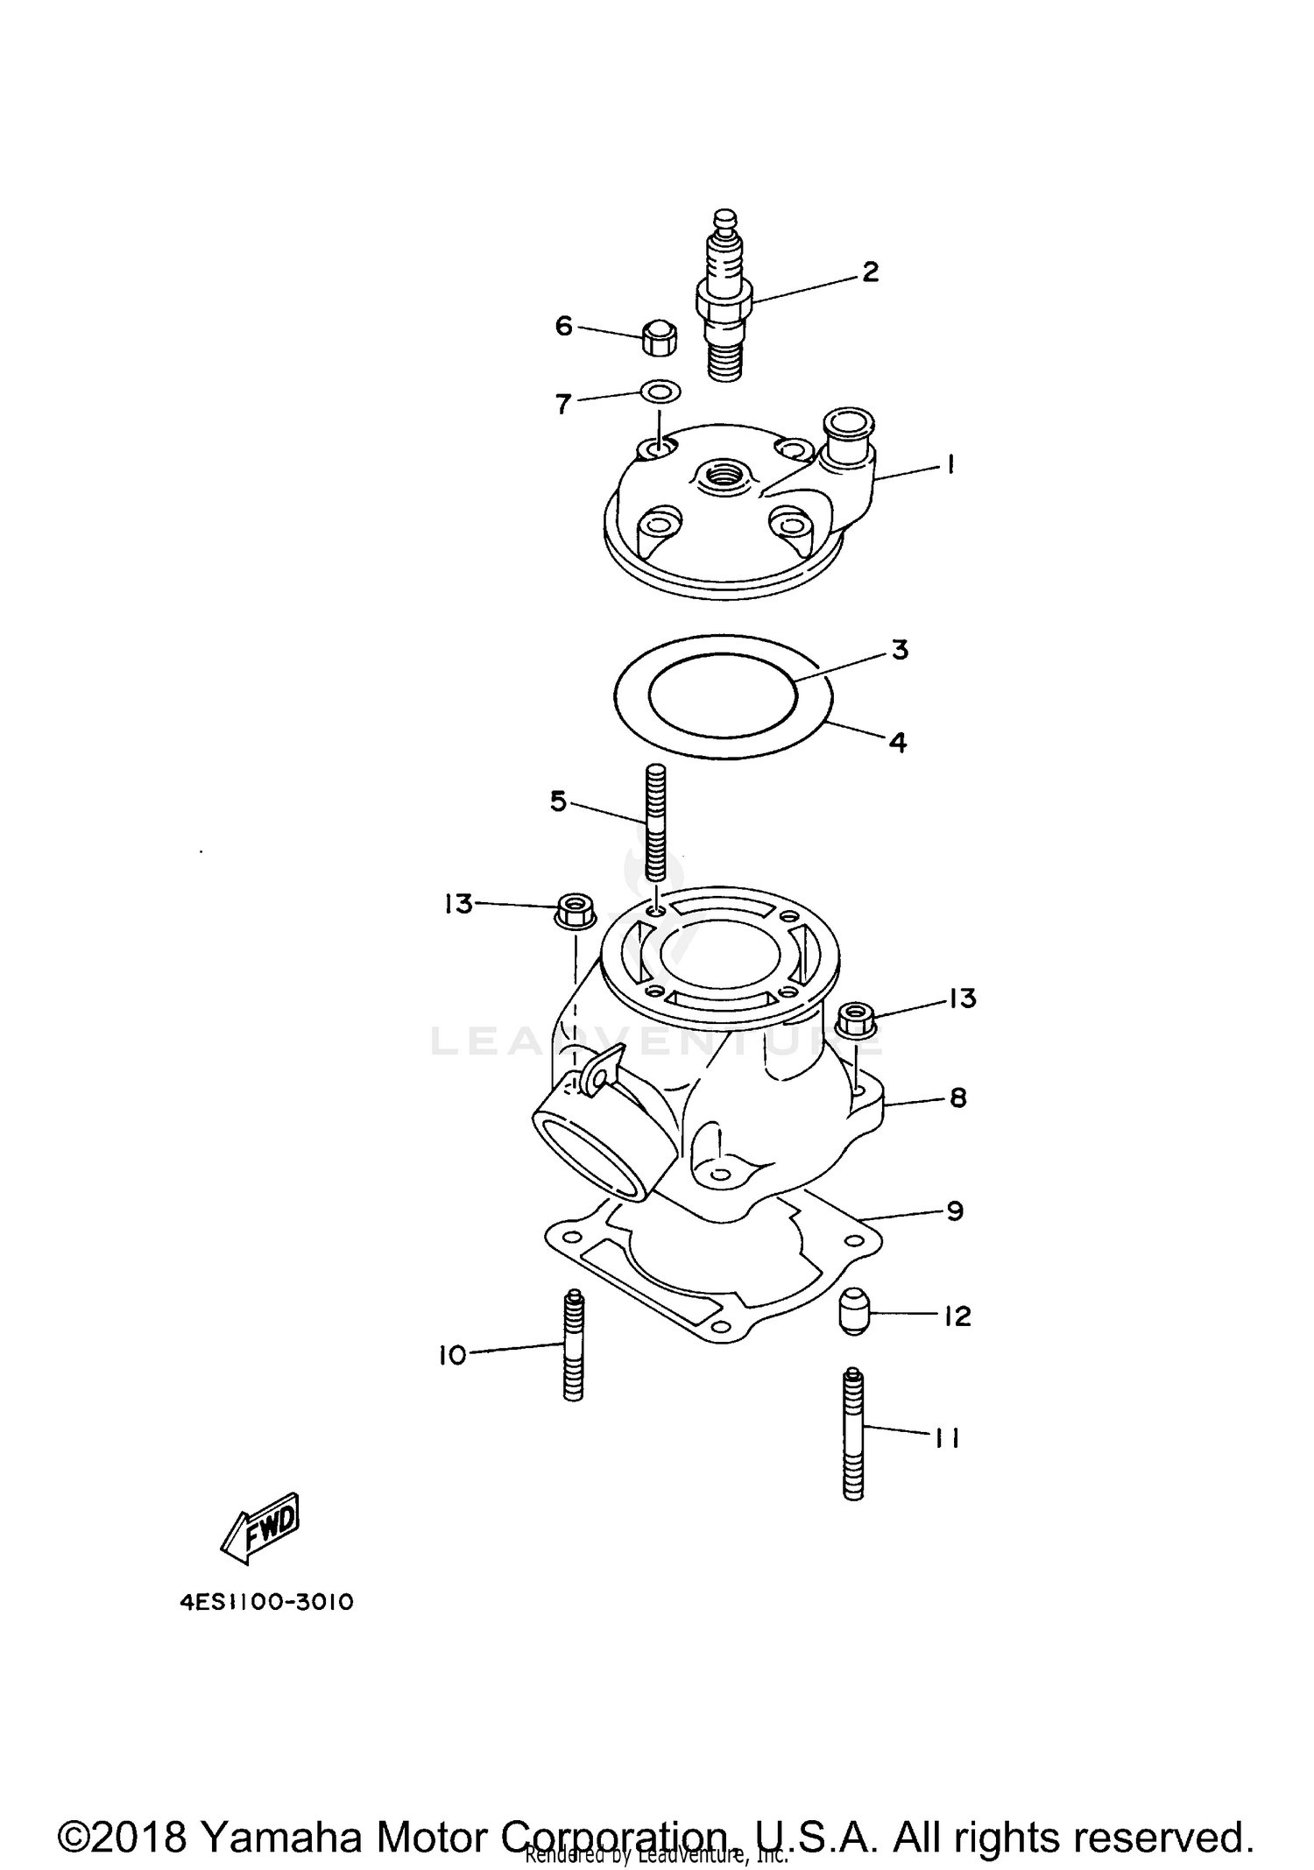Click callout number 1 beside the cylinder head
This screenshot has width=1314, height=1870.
point(950,464)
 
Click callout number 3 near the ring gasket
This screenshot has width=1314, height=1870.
point(900,650)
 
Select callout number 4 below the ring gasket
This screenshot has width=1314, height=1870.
point(897,743)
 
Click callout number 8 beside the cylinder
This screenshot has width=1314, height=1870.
point(957,1097)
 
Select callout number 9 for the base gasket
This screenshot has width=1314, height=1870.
point(955,1211)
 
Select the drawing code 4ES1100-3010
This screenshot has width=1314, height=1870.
point(266,1603)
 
